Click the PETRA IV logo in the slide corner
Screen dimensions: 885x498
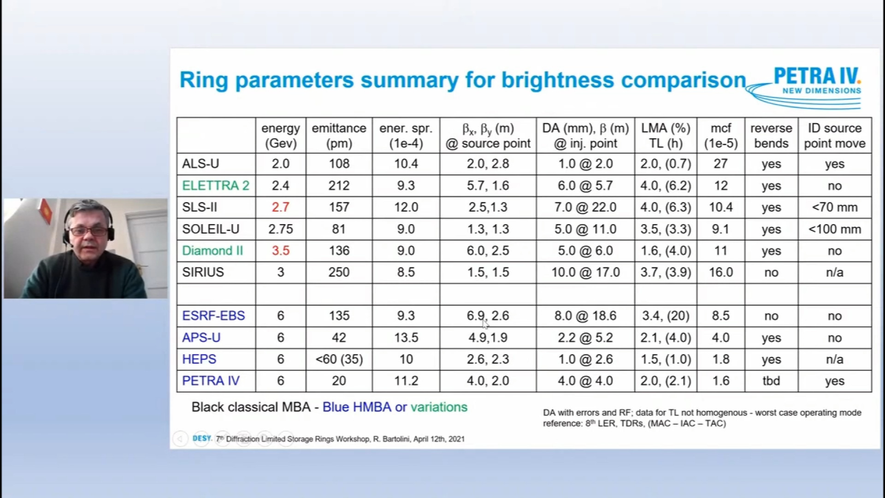click(x=804, y=86)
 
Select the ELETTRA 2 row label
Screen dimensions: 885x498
click(x=215, y=185)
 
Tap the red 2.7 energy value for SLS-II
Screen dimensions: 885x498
click(x=280, y=207)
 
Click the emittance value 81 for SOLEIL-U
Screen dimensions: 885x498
click(x=339, y=229)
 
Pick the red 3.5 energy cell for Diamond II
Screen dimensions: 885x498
click(x=280, y=250)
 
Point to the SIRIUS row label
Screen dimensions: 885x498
click(x=203, y=272)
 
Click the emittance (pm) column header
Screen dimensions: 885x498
click(x=339, y=136)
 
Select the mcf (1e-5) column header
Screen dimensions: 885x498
click(x=721, y=136)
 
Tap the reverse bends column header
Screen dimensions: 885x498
click(x=771, y=136)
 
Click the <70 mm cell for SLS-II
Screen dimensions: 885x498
click(x=835, y=207)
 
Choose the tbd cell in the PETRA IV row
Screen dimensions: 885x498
click(x=771, y=381)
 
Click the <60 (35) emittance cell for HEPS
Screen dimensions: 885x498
click(x=339, y=359)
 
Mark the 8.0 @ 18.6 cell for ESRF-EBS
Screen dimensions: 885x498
click(x=585, y=316)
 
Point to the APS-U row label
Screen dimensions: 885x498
click(x=201, y=338)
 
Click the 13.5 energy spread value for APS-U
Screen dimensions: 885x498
click(x=406, y=338)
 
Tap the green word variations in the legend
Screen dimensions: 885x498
click(x=439, y=407)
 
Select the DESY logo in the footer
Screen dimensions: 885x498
click(x=202, y=438)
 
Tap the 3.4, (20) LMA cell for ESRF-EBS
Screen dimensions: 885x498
click(x=666, y=316)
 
